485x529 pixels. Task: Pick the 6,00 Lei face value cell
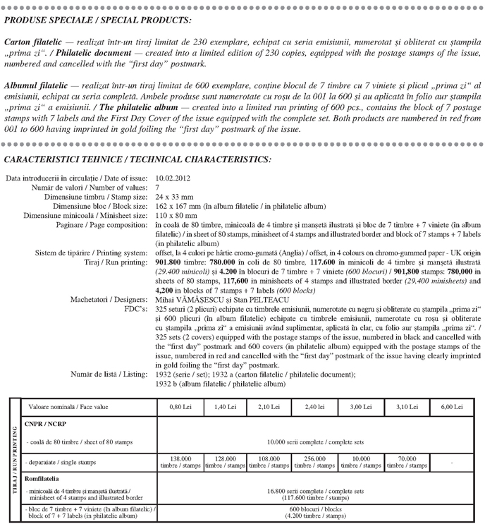451,407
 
